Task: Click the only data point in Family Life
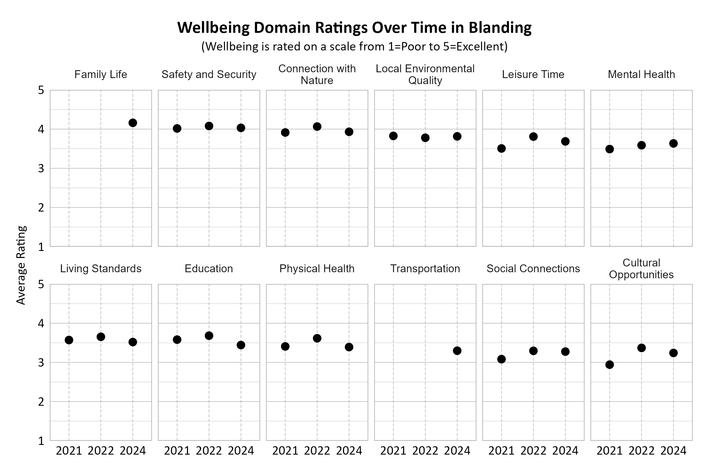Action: click(x=133, y=123)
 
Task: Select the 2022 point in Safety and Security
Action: click(x=209, y=126)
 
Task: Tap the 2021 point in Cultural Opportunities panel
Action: click(x=609, y=365)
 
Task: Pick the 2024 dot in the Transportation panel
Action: click(x=457, y=351)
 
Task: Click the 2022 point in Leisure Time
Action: click(x=533, y=137)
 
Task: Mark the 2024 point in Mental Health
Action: click(x=674, y=143)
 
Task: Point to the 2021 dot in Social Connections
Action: click(x=501, y=359)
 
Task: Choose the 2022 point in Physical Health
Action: click(x=317, y=338)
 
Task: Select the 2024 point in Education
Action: click(x=241, y=345)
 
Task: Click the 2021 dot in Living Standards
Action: click(x=69, y=340)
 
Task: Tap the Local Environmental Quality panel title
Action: click(x=425, y=75)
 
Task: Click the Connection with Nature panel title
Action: click(x=317, y=75)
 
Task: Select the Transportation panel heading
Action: click(x=425, y=269)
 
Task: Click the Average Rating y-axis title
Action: click(x=21, y=265)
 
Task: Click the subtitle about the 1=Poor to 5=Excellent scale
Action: click(x=354, y=47)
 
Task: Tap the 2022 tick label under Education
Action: click(x=209, y=451)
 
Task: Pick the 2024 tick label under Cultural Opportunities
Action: click(x=674, y=451)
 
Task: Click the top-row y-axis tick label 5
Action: click(x=41, y=90)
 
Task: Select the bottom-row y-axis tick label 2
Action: click(x=41, y=402)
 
